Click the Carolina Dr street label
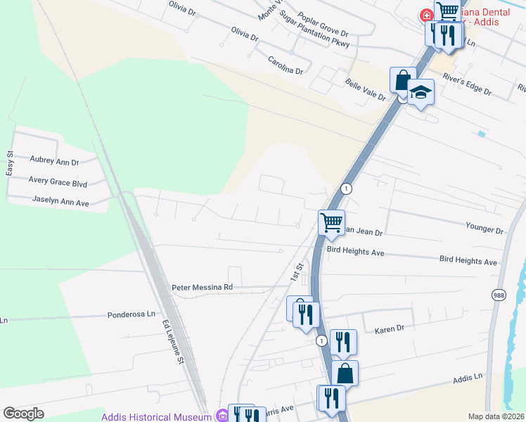[x=285, y=66]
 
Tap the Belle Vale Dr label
[x=366, y=90]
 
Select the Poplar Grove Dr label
[x=323, y=25]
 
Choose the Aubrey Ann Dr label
[x=53, y=162]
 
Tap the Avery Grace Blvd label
[x=57, y=181]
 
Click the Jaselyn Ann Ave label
[x=60, y=201]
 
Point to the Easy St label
[x=10, y=163]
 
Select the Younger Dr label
[x=485, y=230]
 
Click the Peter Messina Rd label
[x=202, y=288]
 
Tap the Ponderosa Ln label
[x=131, y=315]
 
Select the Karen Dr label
[x=389, y=329]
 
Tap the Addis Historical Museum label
[x=156, y=417]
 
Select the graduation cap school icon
[x=421, y=92]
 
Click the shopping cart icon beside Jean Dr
[x=331, y=223]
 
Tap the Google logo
[x=24, y=414]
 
